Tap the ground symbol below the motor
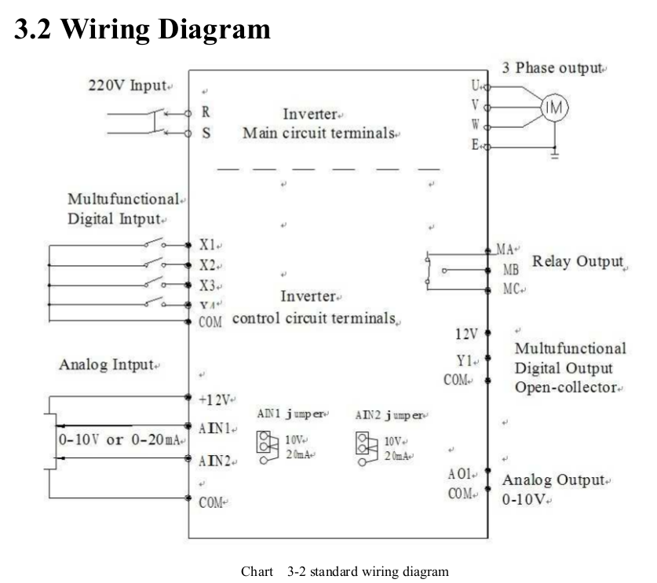click(555, 156)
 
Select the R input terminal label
click(206, 112)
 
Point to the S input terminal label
click(206, 133)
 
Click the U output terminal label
click(475, 85)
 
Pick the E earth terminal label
click(475, 146)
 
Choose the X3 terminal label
click(207, 285)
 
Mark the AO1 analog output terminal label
click(459, 474)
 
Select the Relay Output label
click(578, 262)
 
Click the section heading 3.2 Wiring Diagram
click(142, 29)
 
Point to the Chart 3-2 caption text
click(345, 571)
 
